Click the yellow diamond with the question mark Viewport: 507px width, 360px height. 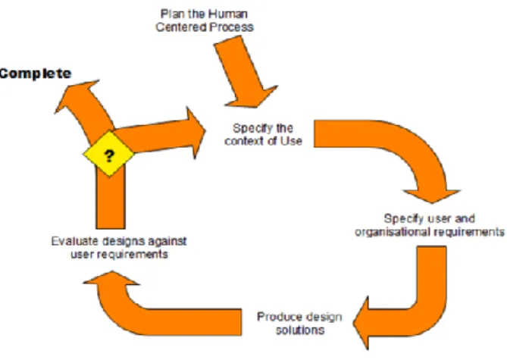pos(108,154)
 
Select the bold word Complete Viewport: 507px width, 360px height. pos(36,74)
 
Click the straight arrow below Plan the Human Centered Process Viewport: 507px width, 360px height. pos(246,72)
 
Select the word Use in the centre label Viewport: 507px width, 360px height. pos(291,141)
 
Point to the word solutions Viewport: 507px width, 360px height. pos(300,330)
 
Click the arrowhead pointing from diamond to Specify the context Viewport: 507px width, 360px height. pos(196,133)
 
